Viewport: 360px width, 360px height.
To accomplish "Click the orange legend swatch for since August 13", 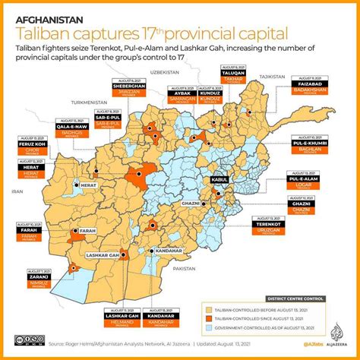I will [208, 320].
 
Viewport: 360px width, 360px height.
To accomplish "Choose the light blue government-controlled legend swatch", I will [208, 330].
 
